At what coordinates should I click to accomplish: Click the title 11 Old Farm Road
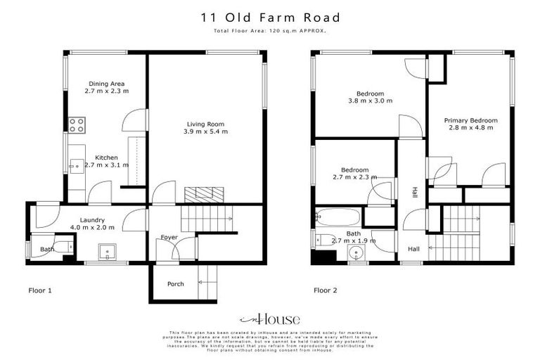point(270,18)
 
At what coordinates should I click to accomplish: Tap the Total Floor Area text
point(270,32)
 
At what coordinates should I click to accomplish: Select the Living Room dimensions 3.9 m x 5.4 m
point(205,131)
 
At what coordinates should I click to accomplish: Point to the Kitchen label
point(106,157)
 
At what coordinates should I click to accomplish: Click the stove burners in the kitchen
point(77,125)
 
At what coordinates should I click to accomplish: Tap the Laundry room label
point(92,219)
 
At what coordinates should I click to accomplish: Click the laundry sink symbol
point(108,250)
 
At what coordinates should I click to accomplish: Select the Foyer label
point(169,237)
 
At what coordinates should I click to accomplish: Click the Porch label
point(175,284)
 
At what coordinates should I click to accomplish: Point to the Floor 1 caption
point(40,290)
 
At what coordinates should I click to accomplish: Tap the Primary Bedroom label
point(470,120)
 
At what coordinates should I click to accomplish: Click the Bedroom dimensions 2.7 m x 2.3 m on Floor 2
point(355,177)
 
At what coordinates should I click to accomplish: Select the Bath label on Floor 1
point(47,249)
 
